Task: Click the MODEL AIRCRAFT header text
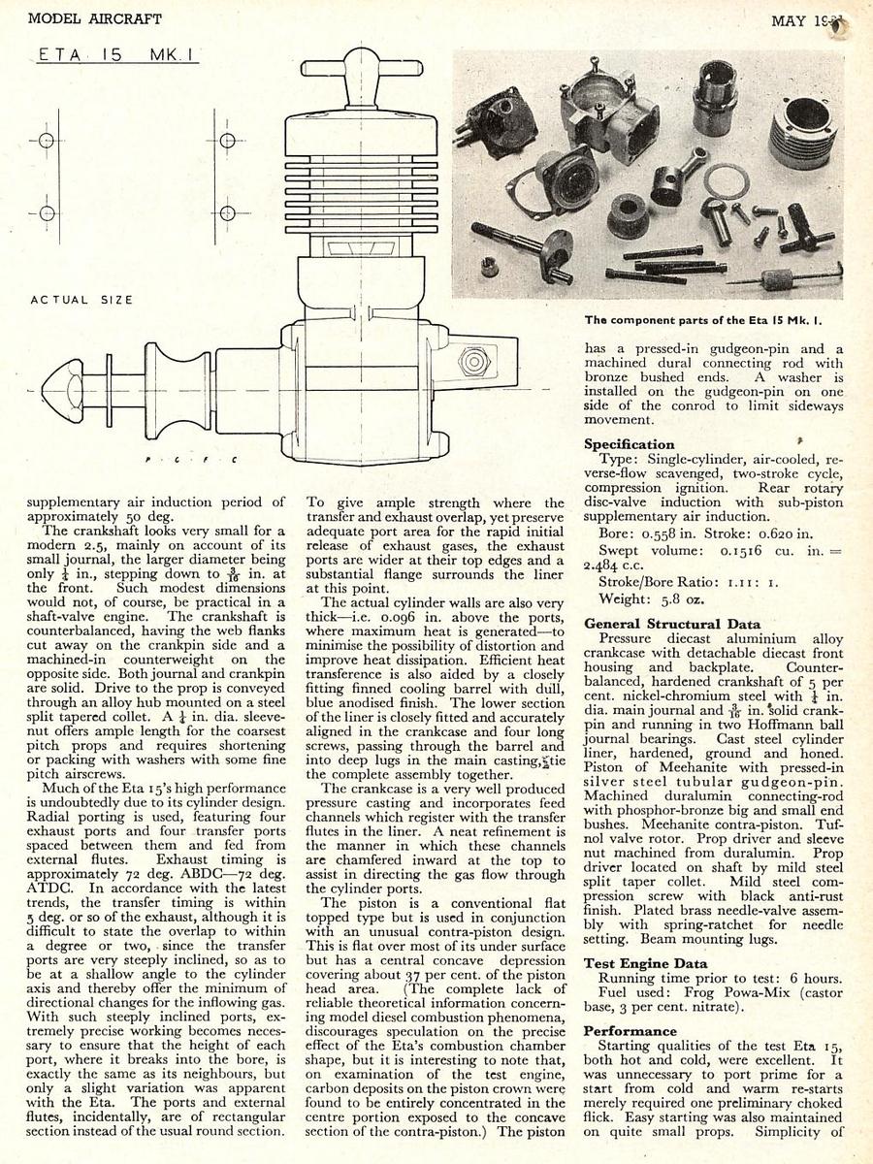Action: [95, 18]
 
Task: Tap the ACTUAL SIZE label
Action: [81, 300]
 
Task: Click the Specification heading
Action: [629, 444]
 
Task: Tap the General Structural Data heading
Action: [671, 624]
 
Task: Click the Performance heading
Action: [630, 1030]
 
